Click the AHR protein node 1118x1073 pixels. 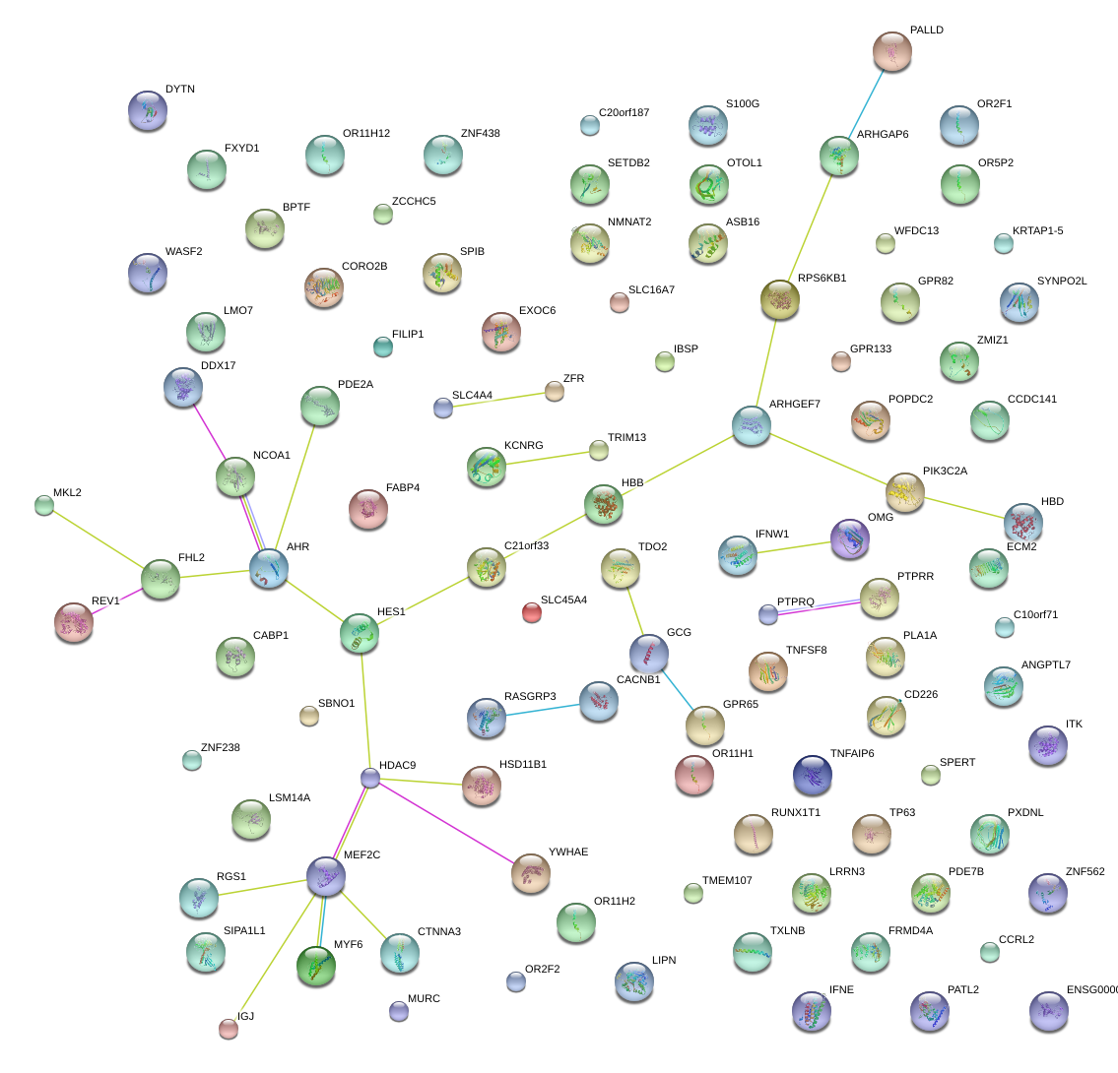click(269, 569)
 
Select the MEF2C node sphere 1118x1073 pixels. click(326, 875)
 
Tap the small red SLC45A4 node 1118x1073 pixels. click(531, 613)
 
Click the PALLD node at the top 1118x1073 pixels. click(892, 51)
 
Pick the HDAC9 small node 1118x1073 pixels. click(370, 778)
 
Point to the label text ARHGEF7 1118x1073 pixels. click(794, 405)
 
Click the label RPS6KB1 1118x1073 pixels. click(822, 279)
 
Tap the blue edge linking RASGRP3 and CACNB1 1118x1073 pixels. click(543, 709)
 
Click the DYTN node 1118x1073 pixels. click(148, 109)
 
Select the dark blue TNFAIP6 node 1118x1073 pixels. click(813, 775)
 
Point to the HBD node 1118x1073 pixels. click(1023, 522)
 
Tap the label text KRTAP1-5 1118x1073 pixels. click(1037, 231)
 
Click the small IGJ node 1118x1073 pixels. click(228, 1029)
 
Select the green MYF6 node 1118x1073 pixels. click(316, 965)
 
